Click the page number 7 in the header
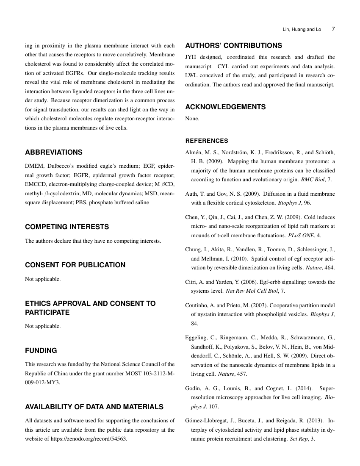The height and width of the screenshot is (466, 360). pos(333,29)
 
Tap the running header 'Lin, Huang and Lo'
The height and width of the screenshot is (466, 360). pos(302,30)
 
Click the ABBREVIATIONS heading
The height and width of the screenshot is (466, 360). pos(54,152)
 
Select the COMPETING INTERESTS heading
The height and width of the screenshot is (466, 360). pos(67,227)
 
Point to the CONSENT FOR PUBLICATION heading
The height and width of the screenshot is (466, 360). pos(75,265)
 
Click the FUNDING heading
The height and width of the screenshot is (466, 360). pos(41,350)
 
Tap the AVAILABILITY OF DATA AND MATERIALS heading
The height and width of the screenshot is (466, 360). pos(94,407)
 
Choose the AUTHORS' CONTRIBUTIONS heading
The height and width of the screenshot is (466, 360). pos(233,45)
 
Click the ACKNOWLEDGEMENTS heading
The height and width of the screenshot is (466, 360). pos(225,107)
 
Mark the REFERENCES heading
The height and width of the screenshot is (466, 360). pos(207,141)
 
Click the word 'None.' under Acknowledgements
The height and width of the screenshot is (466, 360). pos(192,119)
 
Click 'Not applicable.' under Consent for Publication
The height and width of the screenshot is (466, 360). pos(43,279)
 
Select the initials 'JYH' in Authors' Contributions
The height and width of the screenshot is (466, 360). pos(191,57)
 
